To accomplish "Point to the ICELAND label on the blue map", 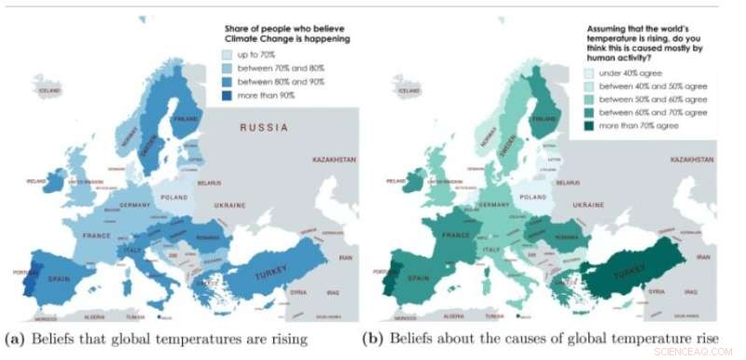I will [49, 91].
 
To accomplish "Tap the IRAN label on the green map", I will [717, 256].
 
